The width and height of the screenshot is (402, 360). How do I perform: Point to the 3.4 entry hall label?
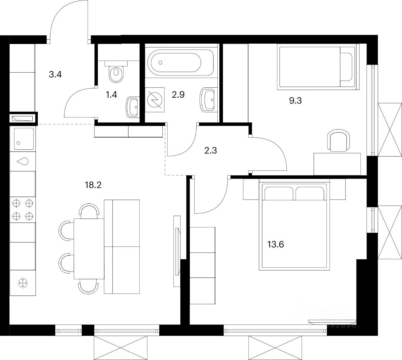tap(55, 75)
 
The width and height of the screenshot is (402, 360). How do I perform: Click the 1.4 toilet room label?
tap(111, 94)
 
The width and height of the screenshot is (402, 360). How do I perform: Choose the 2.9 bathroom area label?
tap(177, 94)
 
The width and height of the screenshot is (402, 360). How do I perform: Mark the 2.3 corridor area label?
tap(210, 150)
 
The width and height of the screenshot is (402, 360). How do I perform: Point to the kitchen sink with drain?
tap(23, 138)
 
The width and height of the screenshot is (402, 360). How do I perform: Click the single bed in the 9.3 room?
tap(317, 67)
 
